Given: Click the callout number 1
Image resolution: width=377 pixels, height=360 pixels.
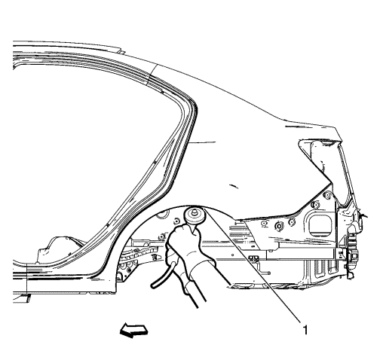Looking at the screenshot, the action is point(305,330).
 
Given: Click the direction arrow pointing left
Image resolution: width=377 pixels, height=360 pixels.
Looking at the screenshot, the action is point(133,331).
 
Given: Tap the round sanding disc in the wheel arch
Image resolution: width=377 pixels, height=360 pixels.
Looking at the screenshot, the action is point(195,216).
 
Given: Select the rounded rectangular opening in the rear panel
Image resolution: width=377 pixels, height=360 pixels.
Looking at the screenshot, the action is point(319,224).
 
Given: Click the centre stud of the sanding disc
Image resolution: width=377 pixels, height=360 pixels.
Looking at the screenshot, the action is point(194,212).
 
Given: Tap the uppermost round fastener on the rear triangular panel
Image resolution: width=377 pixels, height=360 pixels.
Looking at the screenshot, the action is point(327,195).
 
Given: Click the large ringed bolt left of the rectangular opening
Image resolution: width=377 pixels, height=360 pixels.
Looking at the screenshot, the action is point(279,226).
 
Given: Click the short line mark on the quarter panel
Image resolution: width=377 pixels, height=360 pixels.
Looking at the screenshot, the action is point(234,186).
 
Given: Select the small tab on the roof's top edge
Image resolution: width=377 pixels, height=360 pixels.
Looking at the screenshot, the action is point(121,51).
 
